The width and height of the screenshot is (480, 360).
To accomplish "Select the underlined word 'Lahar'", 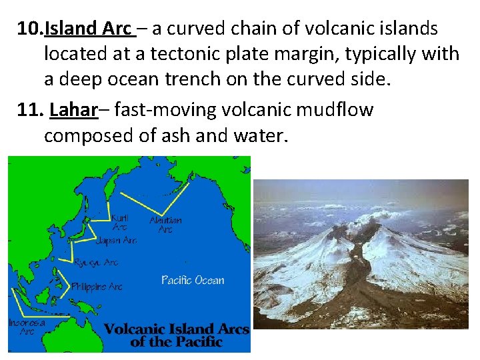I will pos(73,110).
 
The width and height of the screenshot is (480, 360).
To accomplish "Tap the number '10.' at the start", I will pos(30,29).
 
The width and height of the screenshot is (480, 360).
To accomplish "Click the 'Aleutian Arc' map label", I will pos(165,225).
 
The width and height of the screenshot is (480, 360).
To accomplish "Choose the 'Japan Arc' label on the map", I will pos(117,240).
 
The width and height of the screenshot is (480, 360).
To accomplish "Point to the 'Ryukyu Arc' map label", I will pos(97,263).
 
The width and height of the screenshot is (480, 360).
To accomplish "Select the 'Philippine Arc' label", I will pos(97,287).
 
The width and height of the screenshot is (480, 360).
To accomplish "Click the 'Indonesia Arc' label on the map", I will pos(27,326).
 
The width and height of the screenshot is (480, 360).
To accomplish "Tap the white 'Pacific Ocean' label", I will pos(193,280).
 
